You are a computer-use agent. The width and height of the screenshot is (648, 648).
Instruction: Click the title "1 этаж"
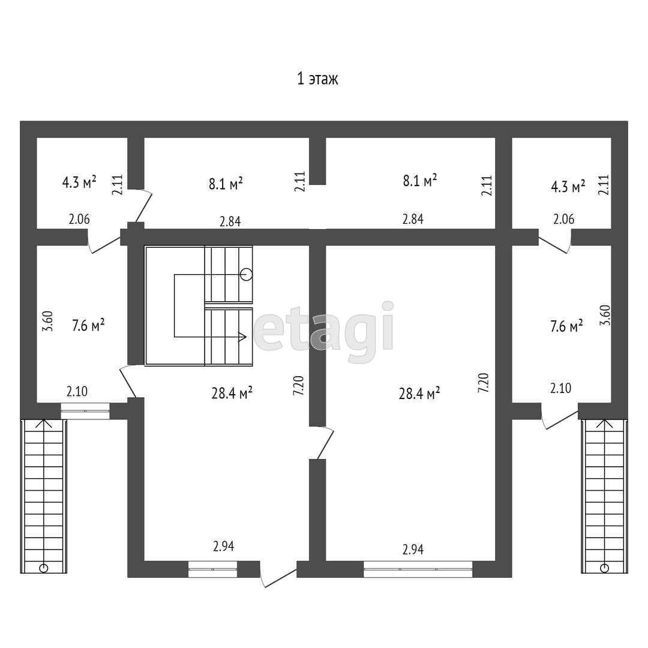tap(317, 79)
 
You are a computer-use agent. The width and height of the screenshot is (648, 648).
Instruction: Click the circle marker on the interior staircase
tap(246, 274)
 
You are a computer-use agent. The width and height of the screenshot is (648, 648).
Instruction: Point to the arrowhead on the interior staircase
tap(243, 337)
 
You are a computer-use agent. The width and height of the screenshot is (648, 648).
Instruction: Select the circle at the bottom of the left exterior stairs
tap(43, 567)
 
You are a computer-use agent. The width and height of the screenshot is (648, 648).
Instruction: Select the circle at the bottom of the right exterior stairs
tap(604, 567)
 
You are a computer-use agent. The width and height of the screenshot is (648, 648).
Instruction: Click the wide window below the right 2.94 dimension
tap(418, 569)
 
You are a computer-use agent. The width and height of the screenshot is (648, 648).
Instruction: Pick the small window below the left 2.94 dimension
tap(212, 569)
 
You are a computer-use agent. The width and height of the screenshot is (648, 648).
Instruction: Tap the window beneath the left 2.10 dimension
tap(85, 411)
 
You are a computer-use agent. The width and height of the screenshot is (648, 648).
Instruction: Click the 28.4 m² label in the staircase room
tap(232, 394)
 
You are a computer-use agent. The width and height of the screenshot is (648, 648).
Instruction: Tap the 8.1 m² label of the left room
tap(226, 183)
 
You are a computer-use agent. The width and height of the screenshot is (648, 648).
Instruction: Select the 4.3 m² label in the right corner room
tap(568, 187)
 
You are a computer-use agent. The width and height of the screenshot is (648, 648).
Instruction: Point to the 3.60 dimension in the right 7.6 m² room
tap(605, 316)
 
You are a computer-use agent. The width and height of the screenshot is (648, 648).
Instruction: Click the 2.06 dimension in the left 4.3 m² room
tap(79, 220)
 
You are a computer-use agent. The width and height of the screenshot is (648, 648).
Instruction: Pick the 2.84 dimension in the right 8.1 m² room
tap(413, 219)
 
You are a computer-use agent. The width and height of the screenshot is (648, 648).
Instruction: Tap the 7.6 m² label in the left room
tap(88, 326)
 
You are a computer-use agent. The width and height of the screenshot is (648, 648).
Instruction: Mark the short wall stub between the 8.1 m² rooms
tap(317, 161)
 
